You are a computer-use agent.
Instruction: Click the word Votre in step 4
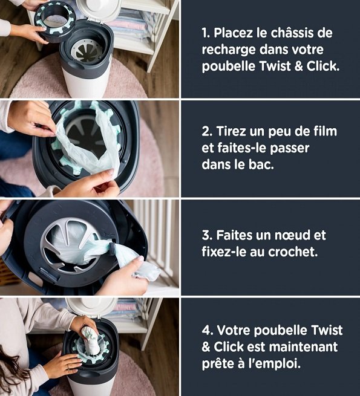click(x=234, y=331)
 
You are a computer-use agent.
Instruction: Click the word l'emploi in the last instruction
click(x=278, y=365)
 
